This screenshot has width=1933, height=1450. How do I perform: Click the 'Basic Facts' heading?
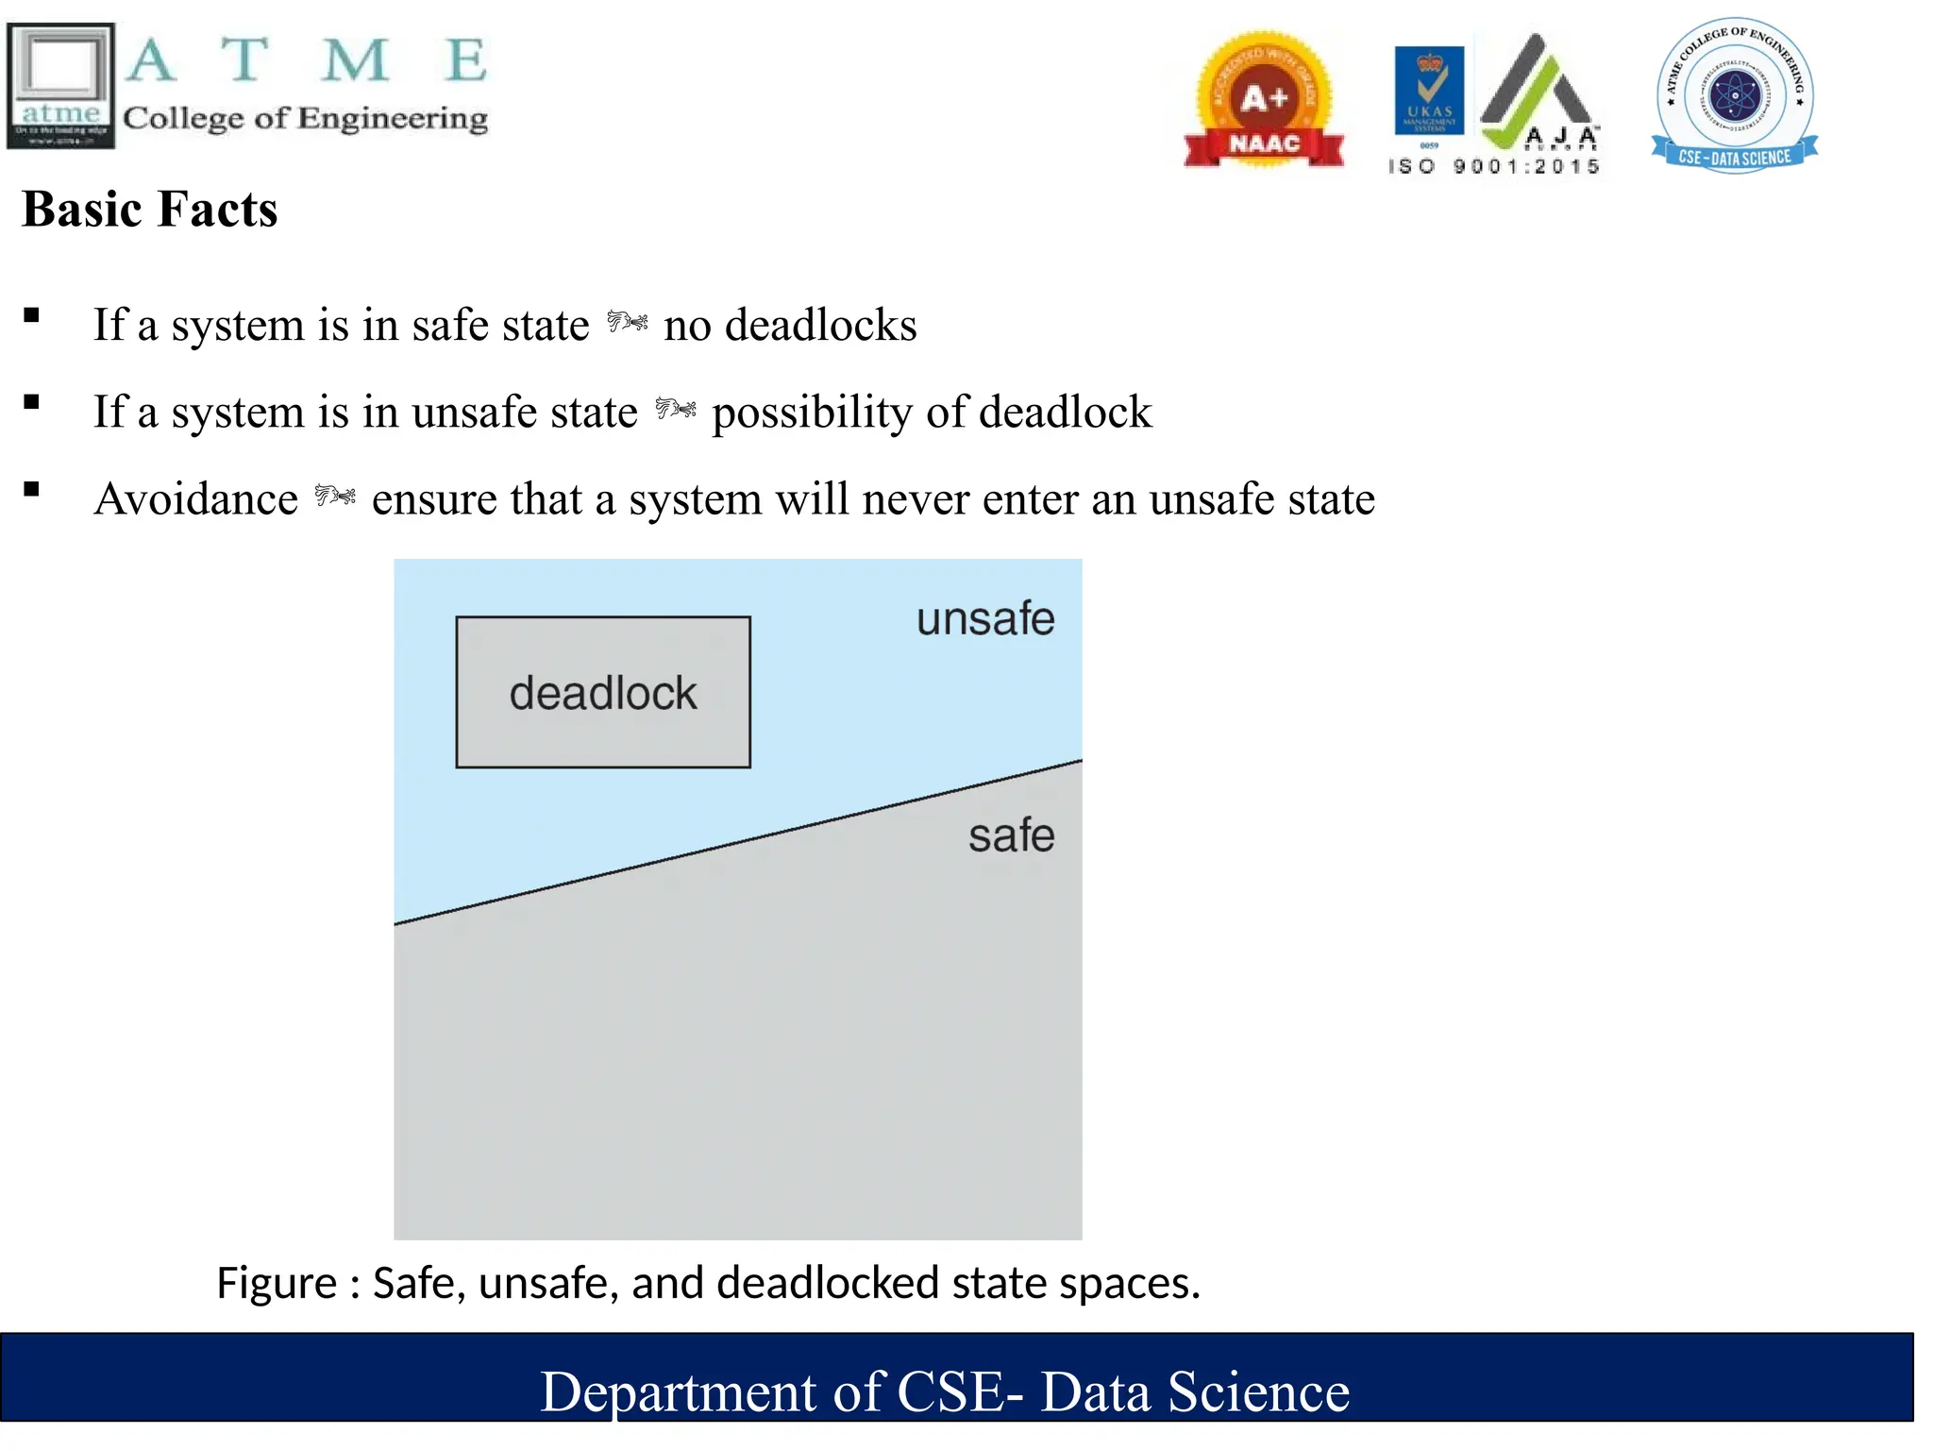click(x=149, y=209)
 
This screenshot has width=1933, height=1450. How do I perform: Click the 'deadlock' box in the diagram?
click(x=603, y=692)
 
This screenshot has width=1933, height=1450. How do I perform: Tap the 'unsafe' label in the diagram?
click(x=985, y=619)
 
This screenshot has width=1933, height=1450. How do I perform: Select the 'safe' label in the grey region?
click(x=1011, y=835)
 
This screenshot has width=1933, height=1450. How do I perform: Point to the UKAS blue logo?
click(x=1429, y=91)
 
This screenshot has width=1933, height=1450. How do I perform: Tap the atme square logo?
click(x=60, y=86)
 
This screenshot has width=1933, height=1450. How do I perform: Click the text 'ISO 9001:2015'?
click(x=1494, y=167)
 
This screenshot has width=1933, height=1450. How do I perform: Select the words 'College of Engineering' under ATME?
click(x=305, y=118)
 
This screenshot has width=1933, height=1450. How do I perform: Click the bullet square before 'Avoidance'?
click(x=32, y=489)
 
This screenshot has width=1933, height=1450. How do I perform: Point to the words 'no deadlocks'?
click(x=790, y=325)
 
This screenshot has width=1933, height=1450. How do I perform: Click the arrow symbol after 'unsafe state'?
click(x=676, y=410)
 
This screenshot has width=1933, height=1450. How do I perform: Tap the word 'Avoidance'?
click(x=196, y=498)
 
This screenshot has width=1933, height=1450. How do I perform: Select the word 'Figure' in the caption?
click(x=276, y=1283)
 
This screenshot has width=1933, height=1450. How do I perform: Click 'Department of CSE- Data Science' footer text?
click(x=945, y=1391)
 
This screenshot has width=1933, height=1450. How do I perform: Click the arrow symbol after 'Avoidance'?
click(x=335, y=496)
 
